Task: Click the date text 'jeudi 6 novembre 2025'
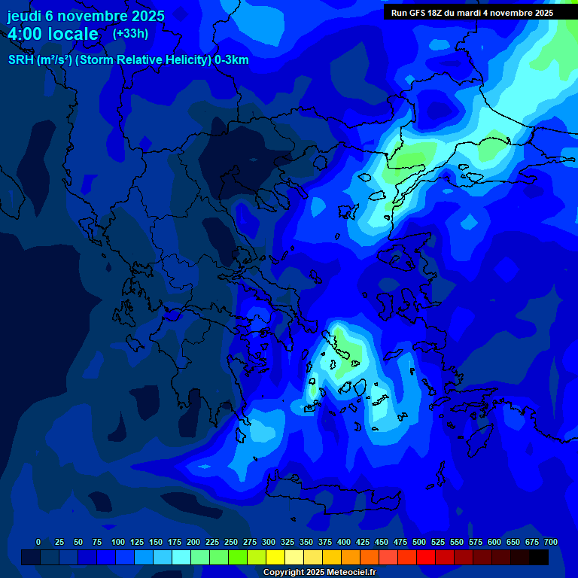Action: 86,16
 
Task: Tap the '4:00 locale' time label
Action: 53,34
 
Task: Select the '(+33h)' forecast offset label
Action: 130,34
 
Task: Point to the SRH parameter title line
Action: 128,60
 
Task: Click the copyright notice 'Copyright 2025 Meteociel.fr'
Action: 319,573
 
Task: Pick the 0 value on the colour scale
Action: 38,542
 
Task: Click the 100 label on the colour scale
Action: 118,542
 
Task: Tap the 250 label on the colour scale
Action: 231,542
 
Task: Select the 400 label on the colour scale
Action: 344,542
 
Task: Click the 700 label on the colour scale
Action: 551,542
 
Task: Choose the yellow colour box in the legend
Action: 275,557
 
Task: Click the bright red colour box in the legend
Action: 426,557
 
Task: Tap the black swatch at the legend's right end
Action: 539,557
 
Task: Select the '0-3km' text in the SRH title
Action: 231,60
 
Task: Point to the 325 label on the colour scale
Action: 287,542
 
